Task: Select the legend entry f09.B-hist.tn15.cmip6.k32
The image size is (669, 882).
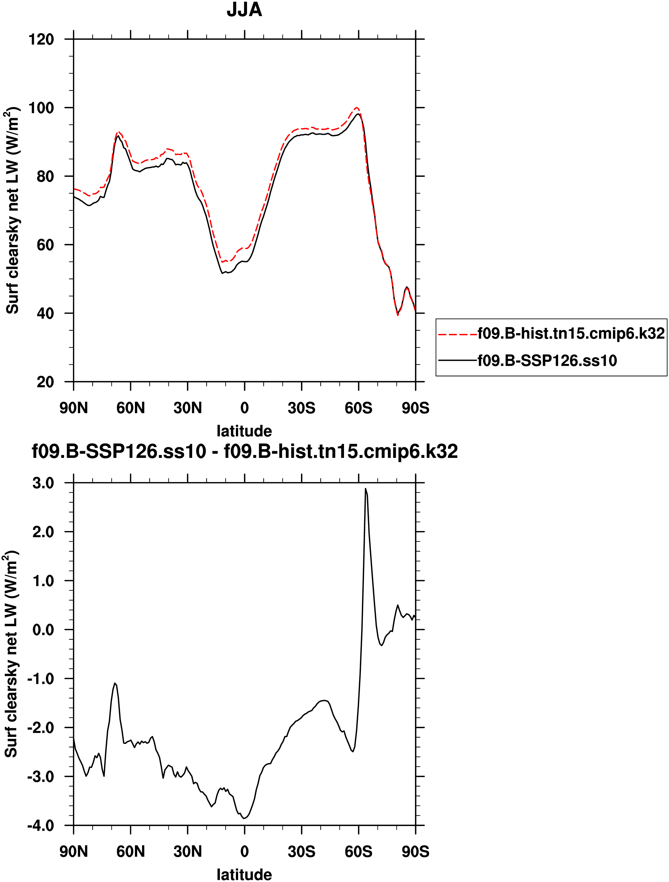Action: pos(571,333)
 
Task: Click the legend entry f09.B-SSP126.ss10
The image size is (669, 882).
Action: pos(547,361)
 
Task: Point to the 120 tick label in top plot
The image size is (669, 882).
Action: pos(41,39)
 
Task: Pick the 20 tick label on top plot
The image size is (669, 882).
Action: pos(45,382)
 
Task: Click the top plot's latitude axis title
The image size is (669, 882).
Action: pos(244,431)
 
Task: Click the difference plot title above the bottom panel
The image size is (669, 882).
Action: pos(245,452)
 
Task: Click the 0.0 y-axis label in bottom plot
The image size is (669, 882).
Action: pos(43,630)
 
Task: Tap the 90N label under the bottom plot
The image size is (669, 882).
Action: pos(74,852)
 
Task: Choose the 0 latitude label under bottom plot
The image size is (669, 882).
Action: pos(245,852)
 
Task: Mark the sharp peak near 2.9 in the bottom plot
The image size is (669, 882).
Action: pos(365,488)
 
